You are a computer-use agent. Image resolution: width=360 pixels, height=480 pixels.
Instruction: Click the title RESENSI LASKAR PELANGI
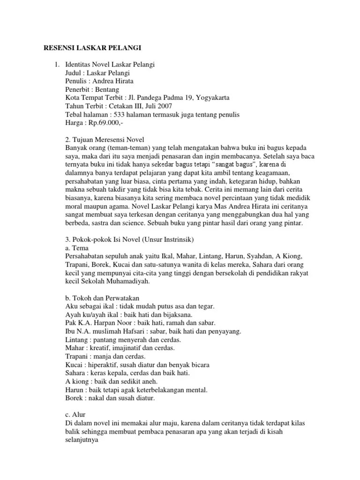click(92, 48)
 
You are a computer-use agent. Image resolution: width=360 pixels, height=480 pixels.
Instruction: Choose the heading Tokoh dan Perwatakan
click(105, 299)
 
